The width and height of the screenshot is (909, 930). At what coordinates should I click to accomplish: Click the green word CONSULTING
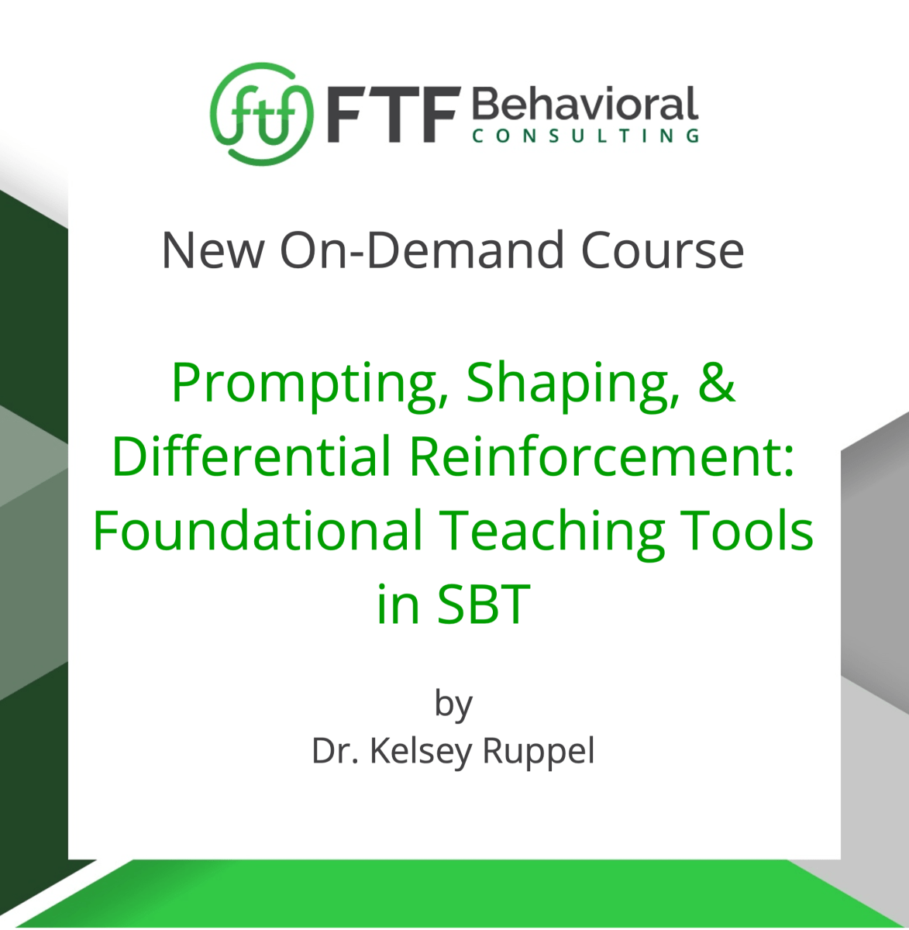pyautogui.click(x=585, y=136)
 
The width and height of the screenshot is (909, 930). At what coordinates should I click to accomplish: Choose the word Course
pyautogui.click(x=663, y=250)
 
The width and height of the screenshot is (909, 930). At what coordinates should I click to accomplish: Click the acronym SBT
pyautogui.click(x=484, y=604)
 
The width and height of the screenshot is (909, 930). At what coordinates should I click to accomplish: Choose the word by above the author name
pyautogui.click(x=453, y=704)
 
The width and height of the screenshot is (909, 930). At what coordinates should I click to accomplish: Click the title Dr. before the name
pyautogui.click(x=334, y=750)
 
